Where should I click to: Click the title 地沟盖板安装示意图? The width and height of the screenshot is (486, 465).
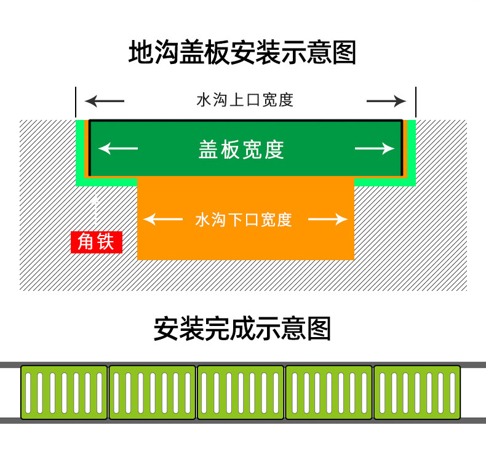(242, 53)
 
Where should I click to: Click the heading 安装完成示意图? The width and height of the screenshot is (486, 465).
(242, 328)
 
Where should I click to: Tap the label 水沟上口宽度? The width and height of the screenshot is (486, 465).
(244, 100)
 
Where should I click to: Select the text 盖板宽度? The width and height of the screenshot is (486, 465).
(242, 149)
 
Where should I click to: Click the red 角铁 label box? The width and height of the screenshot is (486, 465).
(97, 242)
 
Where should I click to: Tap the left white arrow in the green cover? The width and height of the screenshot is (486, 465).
(118, 148)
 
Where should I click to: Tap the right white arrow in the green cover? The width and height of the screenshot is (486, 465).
(374, 148)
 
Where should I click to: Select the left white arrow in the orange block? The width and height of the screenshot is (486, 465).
(162, 219)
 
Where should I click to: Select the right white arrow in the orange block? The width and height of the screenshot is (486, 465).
(328, 219)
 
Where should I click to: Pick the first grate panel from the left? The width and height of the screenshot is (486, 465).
(64, 392)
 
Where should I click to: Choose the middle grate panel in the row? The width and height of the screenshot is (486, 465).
(241, 392)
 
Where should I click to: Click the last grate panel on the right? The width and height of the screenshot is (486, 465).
(417, 392)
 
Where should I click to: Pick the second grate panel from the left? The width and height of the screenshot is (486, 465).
(152, 392)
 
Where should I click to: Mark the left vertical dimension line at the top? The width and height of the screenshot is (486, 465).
(76, 101)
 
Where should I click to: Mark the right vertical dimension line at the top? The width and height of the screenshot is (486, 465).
(416, 101)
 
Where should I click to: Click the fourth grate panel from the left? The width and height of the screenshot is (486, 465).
(329, 392)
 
